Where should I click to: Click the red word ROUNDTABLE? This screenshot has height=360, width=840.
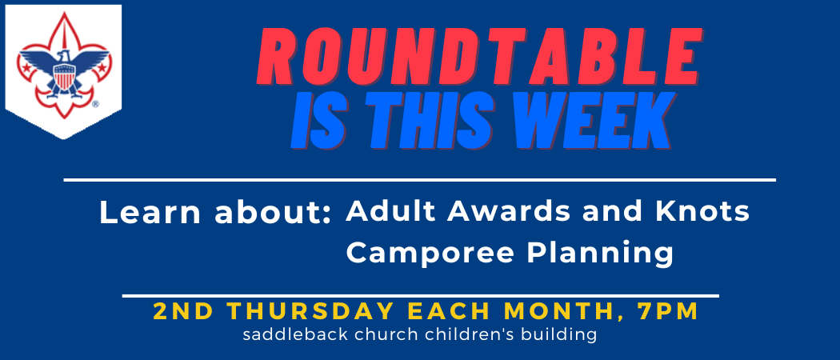(479, 57)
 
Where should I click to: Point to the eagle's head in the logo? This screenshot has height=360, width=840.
(63, 56)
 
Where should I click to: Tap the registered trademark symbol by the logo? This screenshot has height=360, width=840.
(95, 105)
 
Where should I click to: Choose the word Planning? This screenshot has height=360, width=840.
(600, 254)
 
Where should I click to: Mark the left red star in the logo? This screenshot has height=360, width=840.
(26, 67)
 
